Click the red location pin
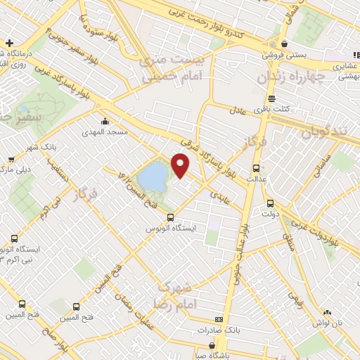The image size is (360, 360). pos(181,165)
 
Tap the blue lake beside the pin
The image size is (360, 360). pos(153,176)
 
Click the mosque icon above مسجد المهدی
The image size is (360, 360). pos(105,122)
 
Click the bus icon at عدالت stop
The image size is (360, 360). pos(255,169)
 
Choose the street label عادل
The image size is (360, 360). pos(237,110)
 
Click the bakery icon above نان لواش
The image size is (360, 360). pos(327,312)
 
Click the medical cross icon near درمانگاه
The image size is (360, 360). pos(8,43)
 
